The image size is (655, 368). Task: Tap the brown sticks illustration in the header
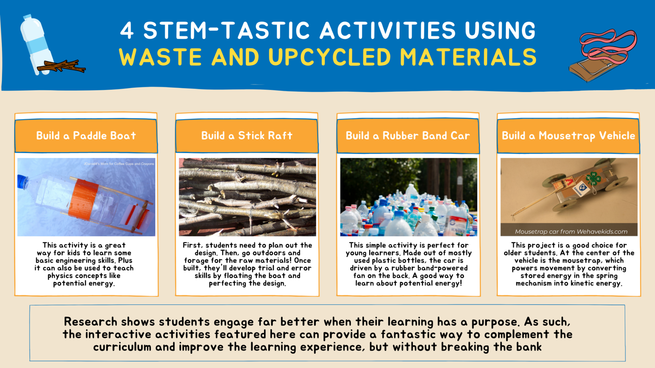click(61, 66)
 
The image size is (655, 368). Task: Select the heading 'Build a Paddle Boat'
click(86, 136)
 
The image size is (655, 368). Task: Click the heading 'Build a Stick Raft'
click(247, 136)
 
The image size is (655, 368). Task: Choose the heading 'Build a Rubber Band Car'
click(408, 136)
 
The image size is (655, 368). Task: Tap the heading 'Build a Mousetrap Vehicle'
click(568, 136)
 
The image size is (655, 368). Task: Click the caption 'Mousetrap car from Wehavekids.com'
click(571, 232)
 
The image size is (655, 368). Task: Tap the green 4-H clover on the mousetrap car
click(594, 179)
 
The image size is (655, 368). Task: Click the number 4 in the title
click(127, 31)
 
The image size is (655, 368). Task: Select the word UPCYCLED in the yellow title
click(330, 57)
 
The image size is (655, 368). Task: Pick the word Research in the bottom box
click(90, 322)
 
